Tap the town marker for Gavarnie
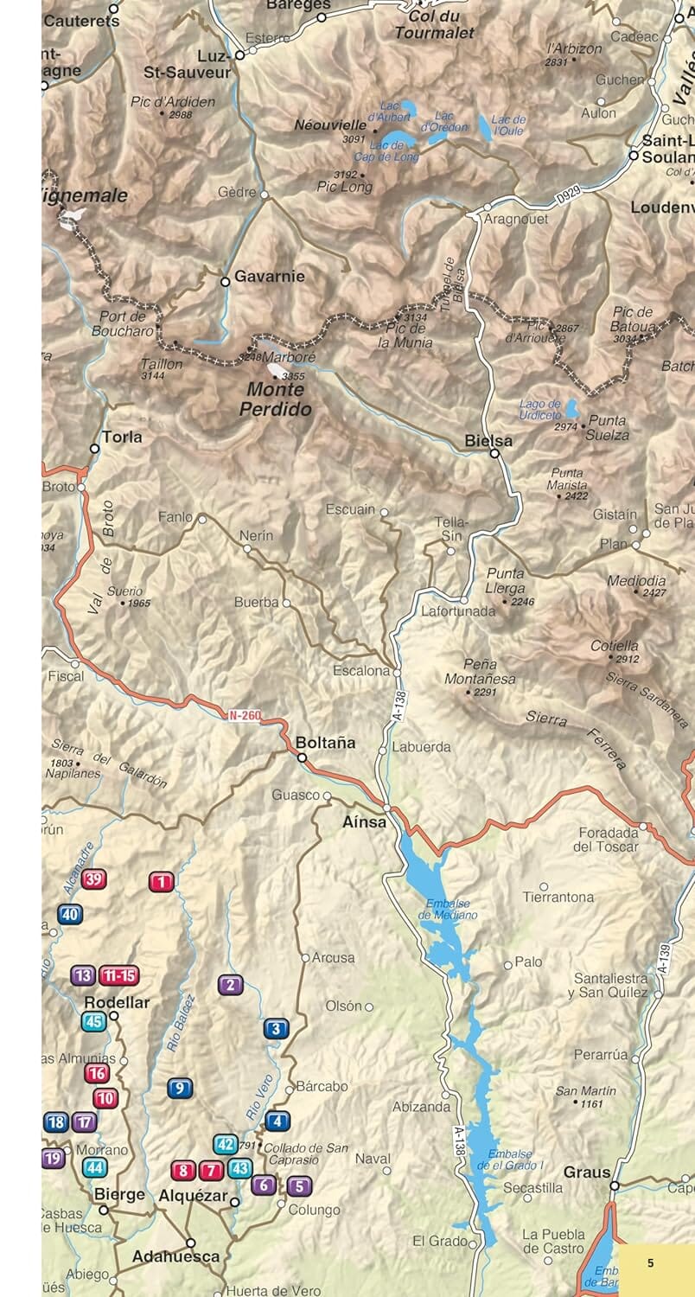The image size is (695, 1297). tap(225, 281)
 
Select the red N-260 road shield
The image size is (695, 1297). tap(245, 716)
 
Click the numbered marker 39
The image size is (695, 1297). tap(94, 879)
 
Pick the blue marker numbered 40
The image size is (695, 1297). tap(70, 914)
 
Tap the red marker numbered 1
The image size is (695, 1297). tap(161, 882)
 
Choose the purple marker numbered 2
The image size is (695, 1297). tap(230, 984)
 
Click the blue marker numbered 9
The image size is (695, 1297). tap(180, 1089)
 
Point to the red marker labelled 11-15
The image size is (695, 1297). tap(118, 976)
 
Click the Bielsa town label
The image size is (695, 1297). tap(488, 440)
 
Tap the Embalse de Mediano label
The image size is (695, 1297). tap(448, 909)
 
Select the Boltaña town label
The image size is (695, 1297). tap(325, 743)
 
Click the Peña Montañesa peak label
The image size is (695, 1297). tap(480, 672)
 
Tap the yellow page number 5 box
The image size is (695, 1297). tap(651, 1262)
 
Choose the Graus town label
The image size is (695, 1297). tap(587, 1172)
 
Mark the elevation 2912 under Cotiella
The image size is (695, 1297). tap(628, 659)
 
